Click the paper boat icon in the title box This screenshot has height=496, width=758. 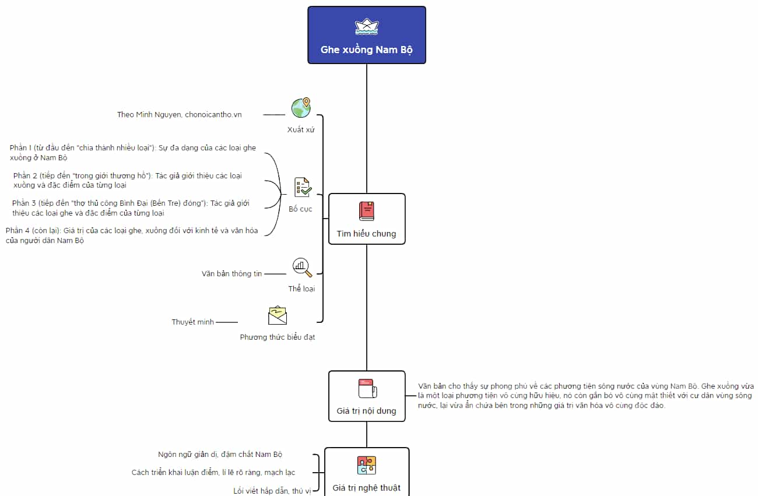click(367, 27)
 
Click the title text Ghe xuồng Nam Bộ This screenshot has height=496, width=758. click(367, 50)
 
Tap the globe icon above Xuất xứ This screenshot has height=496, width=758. click(301, 108)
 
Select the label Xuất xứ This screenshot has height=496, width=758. click(301, 129)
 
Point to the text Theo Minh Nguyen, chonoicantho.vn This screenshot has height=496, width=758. click(180, 115)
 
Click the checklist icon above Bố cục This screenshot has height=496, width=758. click(302, 187)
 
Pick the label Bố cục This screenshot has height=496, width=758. click(300, 209)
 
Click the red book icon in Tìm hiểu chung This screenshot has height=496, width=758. click(367, 211)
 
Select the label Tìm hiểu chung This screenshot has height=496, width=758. click(367, 234)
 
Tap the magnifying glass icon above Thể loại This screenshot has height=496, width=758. click(302, 268)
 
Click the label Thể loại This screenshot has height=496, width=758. click(301, 289)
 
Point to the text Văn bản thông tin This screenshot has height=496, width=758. click(232, 274)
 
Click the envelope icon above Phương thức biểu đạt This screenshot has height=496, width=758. click(278, 315)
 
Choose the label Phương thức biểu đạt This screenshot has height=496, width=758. click(278, 337)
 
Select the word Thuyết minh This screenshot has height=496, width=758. click(193, 322)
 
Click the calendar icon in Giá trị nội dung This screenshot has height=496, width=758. click(367, 388)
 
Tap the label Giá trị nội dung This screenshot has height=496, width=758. click(367, 411)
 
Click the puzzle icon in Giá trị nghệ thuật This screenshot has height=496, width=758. click(367, 465)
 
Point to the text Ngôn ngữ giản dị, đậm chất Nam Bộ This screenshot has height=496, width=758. click(220, 455)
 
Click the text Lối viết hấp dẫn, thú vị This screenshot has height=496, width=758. click(272, 491)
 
